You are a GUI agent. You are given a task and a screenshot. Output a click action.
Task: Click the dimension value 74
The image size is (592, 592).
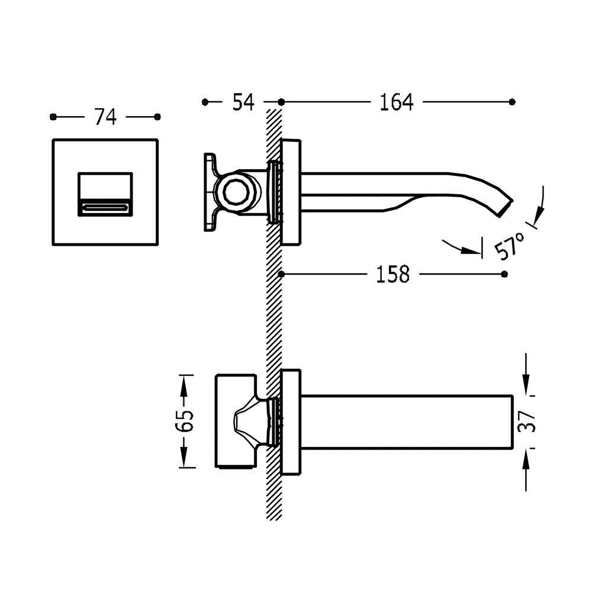(105, 117)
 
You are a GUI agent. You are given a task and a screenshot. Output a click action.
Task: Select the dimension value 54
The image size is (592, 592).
(243, 102)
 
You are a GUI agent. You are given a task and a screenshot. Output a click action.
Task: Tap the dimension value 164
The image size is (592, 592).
(396, 102)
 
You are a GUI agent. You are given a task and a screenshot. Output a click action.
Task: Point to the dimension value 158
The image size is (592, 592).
(392, 274)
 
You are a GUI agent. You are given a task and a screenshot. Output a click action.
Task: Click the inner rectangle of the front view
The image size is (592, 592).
(105, 188)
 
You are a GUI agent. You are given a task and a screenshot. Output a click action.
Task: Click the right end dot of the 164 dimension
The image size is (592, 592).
(512, 102)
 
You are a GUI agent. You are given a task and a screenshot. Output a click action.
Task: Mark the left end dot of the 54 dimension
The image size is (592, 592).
(205, 102)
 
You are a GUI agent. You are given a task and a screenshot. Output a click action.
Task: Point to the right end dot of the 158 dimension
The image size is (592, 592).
(504, 274)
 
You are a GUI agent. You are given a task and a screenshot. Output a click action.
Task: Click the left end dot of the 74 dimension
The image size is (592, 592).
(53, 117)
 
